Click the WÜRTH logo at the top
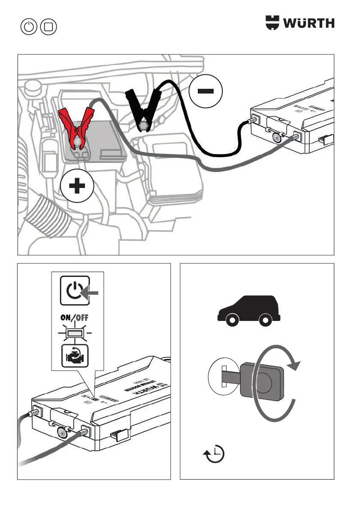[x=300, y=23]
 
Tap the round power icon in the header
[x=29, y=27]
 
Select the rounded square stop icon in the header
[x=48, y=27]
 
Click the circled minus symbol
[x=206, y=91]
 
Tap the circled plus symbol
[x=77, y=187]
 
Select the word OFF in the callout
[x=83, y=318]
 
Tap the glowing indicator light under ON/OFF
[x=75, y=333]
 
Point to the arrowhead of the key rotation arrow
[x=293, y=364]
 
